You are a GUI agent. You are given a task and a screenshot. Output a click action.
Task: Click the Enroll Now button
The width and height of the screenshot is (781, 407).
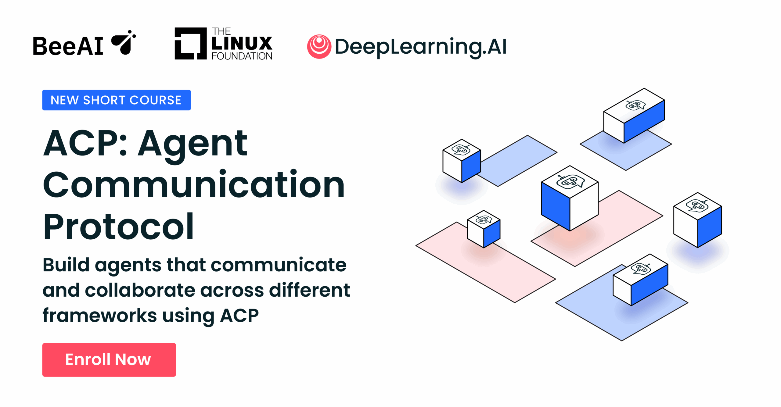pyautogui.click(x=109, y=359)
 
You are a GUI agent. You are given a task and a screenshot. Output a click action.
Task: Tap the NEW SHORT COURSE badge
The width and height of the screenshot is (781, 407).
pyautogui.click(x=116, y=100)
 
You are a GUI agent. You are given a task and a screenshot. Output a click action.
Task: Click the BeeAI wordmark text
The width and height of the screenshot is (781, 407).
pyautogui.click(x=68, y=46)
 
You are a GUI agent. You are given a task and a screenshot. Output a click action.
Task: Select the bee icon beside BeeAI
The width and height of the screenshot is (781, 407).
pyautogui.click(x=124, y=43)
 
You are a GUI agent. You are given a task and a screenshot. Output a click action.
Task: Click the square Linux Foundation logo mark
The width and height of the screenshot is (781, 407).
pyautogui.click(x=190, y=43)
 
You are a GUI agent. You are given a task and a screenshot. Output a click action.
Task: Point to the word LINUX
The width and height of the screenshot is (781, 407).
pyautogui.click(x=242, y=44)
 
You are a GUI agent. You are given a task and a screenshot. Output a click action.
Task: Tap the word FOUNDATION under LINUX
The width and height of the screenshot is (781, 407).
pyautogui.click(x=242, y=56)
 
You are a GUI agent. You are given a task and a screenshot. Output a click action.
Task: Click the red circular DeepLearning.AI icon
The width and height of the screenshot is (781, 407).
pyautogui.click(x=319, y=46)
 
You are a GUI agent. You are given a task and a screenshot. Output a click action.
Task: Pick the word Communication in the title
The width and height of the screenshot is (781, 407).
pyautogui.click(x=194, y=185)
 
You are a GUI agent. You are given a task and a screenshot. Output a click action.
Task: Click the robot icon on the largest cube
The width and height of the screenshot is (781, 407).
pyautogui.click(x=570, y=182)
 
